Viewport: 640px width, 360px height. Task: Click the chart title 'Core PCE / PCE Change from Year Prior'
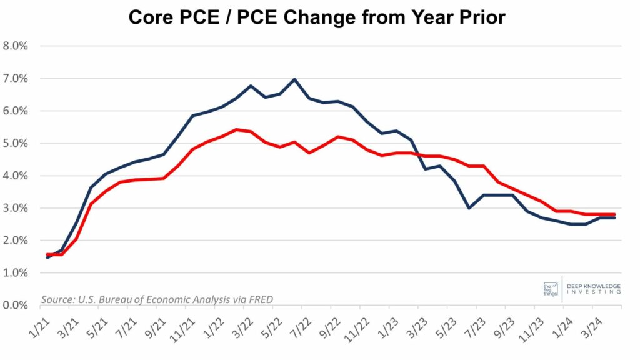pos(316,17)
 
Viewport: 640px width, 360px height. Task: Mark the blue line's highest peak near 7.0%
pos(294,79)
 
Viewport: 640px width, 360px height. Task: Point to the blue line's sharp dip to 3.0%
pos(469,208)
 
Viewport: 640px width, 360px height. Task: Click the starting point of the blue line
pos(47,257)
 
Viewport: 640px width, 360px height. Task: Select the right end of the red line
pos(614,214)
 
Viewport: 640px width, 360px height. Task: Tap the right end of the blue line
pos(614,218)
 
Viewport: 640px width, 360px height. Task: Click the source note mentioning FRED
pos(156,299)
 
